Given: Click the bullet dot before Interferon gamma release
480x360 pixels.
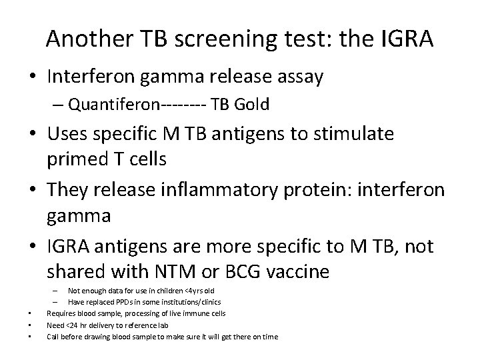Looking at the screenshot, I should (x=32, y=77).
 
